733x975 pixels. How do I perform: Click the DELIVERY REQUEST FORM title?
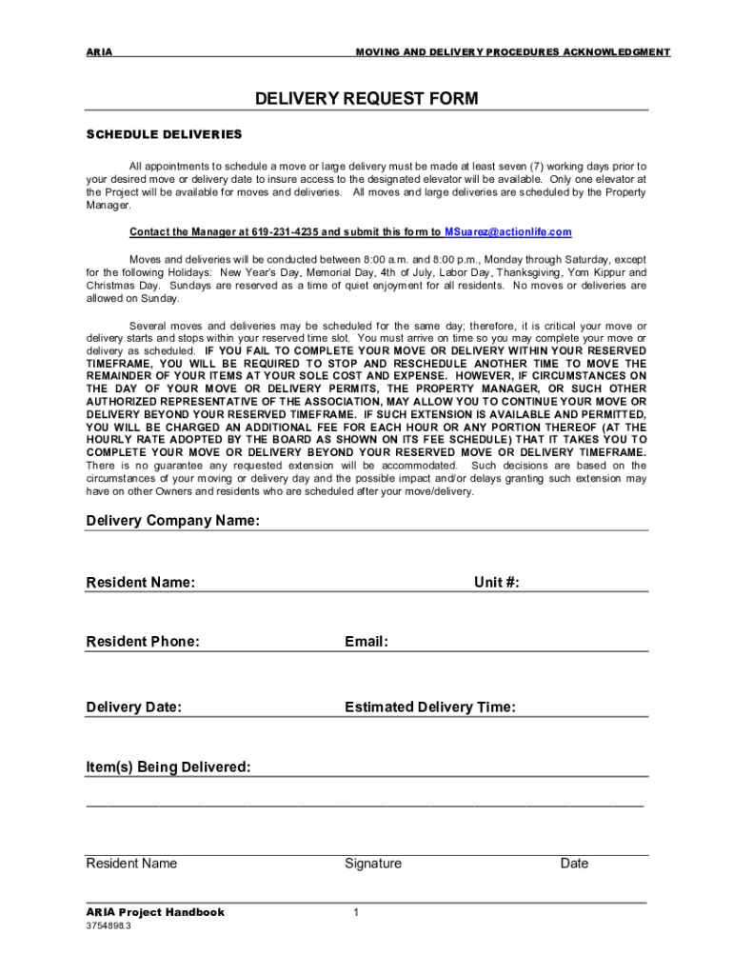(366, 99)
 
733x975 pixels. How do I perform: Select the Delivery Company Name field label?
(172, 521)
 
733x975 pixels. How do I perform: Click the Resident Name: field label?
(141, 583)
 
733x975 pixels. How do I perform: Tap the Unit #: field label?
(497, 583)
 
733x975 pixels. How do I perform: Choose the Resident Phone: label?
(143, 642)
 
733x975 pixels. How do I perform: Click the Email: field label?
(366, 642)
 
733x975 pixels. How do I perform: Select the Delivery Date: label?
(134, 707)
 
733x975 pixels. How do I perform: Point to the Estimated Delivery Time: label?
(430, 707)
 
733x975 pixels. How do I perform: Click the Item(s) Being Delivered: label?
(168, 767)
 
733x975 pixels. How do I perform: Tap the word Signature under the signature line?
(373, 864)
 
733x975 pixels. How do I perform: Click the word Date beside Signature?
(574, 864)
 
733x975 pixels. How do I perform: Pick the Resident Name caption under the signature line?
(131, 864)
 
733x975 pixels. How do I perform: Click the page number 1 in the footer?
(355, 913)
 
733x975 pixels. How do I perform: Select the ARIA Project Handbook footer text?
(155, 912)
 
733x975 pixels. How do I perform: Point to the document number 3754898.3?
(109, 925)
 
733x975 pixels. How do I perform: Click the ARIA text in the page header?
(99, 51)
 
